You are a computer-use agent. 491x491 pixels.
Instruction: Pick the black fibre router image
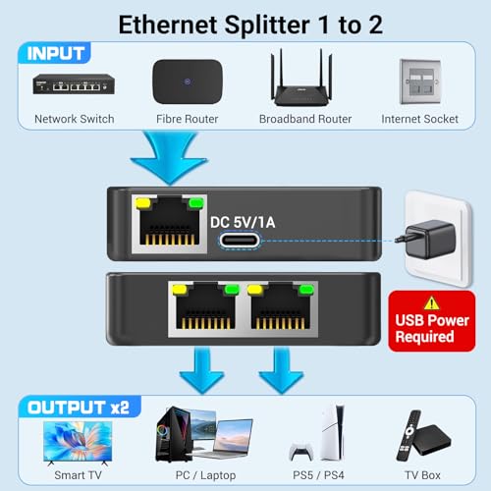tap(187, 82)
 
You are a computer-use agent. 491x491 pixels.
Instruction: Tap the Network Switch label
tap(74, 119)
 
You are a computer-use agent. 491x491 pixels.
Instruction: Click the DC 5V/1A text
tap(245, 222)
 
